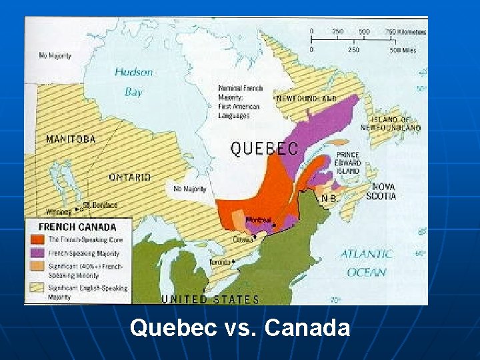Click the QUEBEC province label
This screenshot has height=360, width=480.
(264, 148)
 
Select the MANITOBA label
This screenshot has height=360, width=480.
(71, 139)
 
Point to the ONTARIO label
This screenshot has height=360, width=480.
(130, 177)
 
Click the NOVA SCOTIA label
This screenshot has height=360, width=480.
(384, 191)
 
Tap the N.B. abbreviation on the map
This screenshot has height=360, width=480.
(328, 198)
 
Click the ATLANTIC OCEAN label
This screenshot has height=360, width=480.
(367, 263)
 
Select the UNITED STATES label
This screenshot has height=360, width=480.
(210, 299)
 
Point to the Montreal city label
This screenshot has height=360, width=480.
(258, 220)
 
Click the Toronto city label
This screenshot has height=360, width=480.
(221, 262)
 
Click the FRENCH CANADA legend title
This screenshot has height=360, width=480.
(77, 227)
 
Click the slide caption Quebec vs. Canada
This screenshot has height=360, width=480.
(240, 327)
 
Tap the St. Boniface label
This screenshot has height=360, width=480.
(101, 205)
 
